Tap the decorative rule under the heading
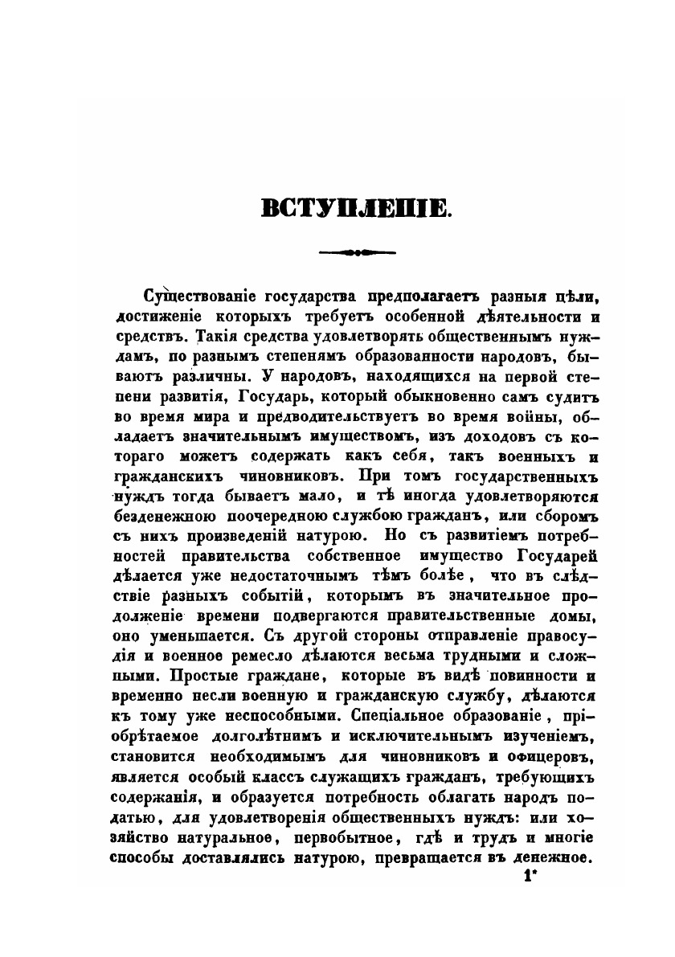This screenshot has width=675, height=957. point(358,252)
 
